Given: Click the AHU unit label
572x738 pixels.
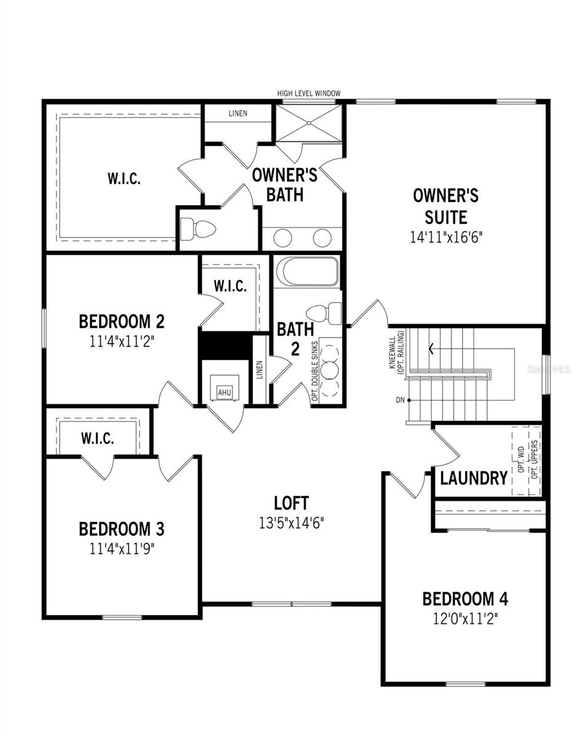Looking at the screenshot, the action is pyautogui.click(x=224, y=392).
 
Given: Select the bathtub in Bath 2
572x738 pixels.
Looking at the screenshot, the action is pyautogui.click(x=308, y=271).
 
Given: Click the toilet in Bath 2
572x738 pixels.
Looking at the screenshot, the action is pyautogui.click(x=324, y=312).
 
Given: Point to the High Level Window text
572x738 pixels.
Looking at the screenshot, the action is pyautogui.click(x=308, y=93).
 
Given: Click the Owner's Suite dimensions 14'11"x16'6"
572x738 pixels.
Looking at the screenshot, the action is pyautogui.click(x=446, y=237).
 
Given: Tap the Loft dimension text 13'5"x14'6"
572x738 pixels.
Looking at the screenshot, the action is pyautogui.click(x=292, y=523).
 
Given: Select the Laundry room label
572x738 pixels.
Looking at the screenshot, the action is pyautogui.click(x=474, y=478).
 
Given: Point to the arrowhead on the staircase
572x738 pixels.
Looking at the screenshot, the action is pyautogui.click(x=431, y=349).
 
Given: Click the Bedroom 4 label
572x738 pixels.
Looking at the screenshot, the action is pyautogui.click(x=465, y=599).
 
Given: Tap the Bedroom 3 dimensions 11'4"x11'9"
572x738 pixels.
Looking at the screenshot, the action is pyautogui.click(x=122, y=549).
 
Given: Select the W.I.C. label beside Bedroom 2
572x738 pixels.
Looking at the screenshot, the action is pyautogui.click(x=230, y=286).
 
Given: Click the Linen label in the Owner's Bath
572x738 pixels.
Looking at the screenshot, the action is pyautogui.click(x=238, y=113).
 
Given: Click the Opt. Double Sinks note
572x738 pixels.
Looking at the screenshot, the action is pyautogui.click(x=314, y=371).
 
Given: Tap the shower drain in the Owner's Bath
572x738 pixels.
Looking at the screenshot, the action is pyautogui.click(x=309, y=122).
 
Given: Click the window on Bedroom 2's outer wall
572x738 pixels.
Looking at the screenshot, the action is pyautogui.click(x=44, y=328).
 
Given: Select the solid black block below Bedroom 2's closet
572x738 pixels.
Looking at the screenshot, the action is pyautogui.click(x=225, y=345).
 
